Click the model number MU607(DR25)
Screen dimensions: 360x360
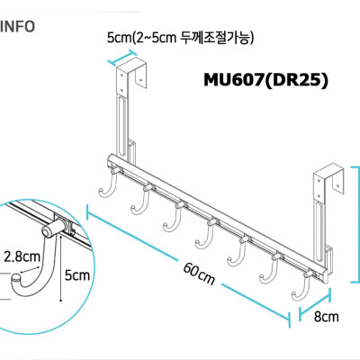point(265,80)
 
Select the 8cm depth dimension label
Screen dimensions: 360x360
point(325,317)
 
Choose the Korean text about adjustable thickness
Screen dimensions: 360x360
point(180,38)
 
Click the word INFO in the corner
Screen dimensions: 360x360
point(18,26)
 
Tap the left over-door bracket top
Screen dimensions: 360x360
point(131,71)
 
